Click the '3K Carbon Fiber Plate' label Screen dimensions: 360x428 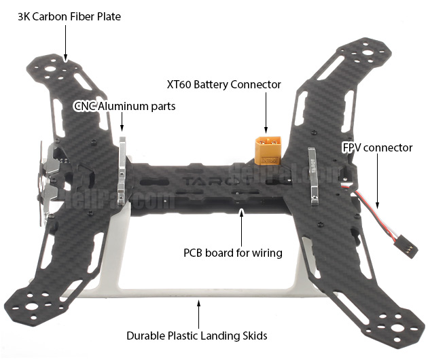(x=69, y=16)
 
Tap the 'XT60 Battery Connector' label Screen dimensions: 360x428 (x=224, y=85)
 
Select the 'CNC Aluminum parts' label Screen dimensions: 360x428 (x=124, y=106)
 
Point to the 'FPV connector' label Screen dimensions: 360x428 (x=377, y=147)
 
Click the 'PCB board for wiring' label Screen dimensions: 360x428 (x=233, y=253)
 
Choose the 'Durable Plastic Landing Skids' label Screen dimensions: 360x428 (x=196, y=336)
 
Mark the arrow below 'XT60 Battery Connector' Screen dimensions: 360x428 (x=266, y=113)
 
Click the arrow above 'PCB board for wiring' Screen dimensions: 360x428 (x=240, y=228)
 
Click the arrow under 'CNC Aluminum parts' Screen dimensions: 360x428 (x=122, y=122)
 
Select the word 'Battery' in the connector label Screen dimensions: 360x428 (x=228, y=85)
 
